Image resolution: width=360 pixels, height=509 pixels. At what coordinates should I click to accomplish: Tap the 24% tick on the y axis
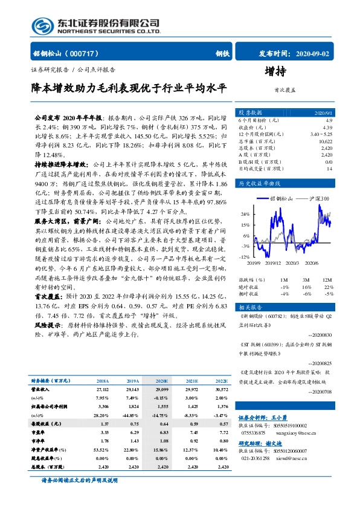[245, 214]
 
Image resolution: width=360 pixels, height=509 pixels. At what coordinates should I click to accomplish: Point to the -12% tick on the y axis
[245, 257]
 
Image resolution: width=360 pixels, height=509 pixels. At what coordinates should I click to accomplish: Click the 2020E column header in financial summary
[162, 381]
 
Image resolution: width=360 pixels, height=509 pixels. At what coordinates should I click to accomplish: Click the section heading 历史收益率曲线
[260, 183]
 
